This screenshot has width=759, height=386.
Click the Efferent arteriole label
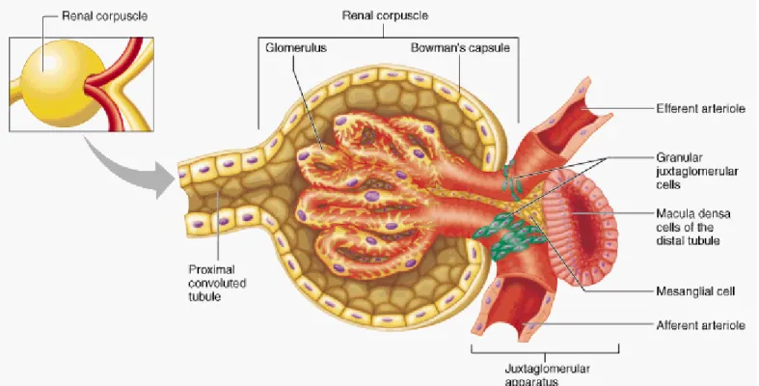pos(700,108)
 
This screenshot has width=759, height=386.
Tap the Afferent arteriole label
pos(700,325)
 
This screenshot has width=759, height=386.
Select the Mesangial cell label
pos(695,291)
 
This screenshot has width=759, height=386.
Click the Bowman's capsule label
pos(460,47)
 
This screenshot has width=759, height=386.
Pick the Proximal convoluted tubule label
pos(217,283)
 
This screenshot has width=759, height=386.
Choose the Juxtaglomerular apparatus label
pos(547,374)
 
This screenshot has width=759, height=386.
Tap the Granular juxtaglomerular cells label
pos(697,171)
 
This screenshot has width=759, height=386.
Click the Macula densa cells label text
pos(693,227)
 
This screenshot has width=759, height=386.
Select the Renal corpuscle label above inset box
pos(104,16)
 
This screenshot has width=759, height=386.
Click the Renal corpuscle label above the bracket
pos(385,15)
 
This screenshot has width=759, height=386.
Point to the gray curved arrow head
pos(162,179)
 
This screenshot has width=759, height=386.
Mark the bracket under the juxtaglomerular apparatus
pos(545,349)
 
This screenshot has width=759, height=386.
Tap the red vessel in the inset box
pos(115,83)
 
